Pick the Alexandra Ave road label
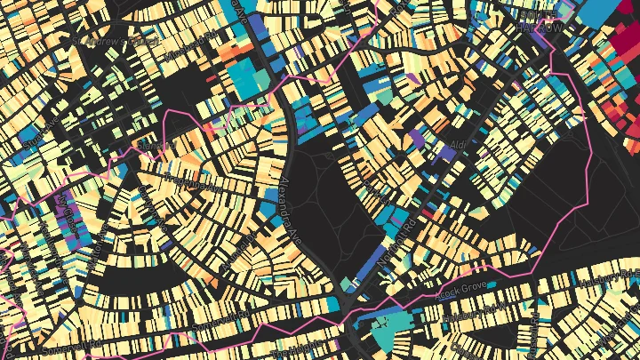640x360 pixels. tap(288, 204)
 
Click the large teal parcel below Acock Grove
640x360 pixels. tap(392, 329)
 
